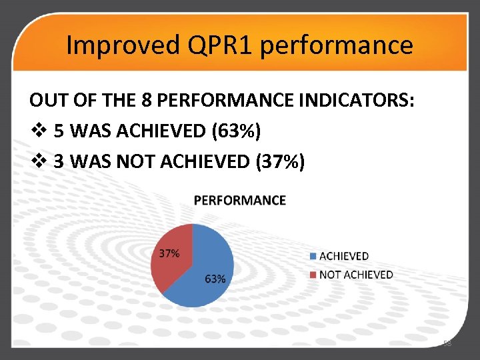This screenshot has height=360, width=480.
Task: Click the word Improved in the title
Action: pos(118,45)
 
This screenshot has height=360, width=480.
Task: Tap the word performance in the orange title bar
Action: pos(337,45)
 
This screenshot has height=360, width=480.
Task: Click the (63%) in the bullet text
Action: pos(235,131)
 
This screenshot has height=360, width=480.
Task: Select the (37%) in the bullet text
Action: pos(280,161)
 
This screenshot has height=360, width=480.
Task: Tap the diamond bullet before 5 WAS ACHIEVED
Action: pos(37,131)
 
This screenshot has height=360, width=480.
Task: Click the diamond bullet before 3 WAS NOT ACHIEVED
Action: pos(37,161)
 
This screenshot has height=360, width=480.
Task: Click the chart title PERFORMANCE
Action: pos(240,200)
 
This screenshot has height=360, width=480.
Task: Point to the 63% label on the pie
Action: pos(215,279)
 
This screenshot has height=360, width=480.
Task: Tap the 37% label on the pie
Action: pos(169,253)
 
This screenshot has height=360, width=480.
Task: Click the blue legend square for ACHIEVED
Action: pos(314,256)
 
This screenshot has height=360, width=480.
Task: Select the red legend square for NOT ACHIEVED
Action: pos(314,275)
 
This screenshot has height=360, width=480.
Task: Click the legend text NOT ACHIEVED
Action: pos(356,275)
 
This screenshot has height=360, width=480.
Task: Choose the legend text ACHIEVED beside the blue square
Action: pos(344,256)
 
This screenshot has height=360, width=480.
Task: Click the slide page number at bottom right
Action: pos(447,343)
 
